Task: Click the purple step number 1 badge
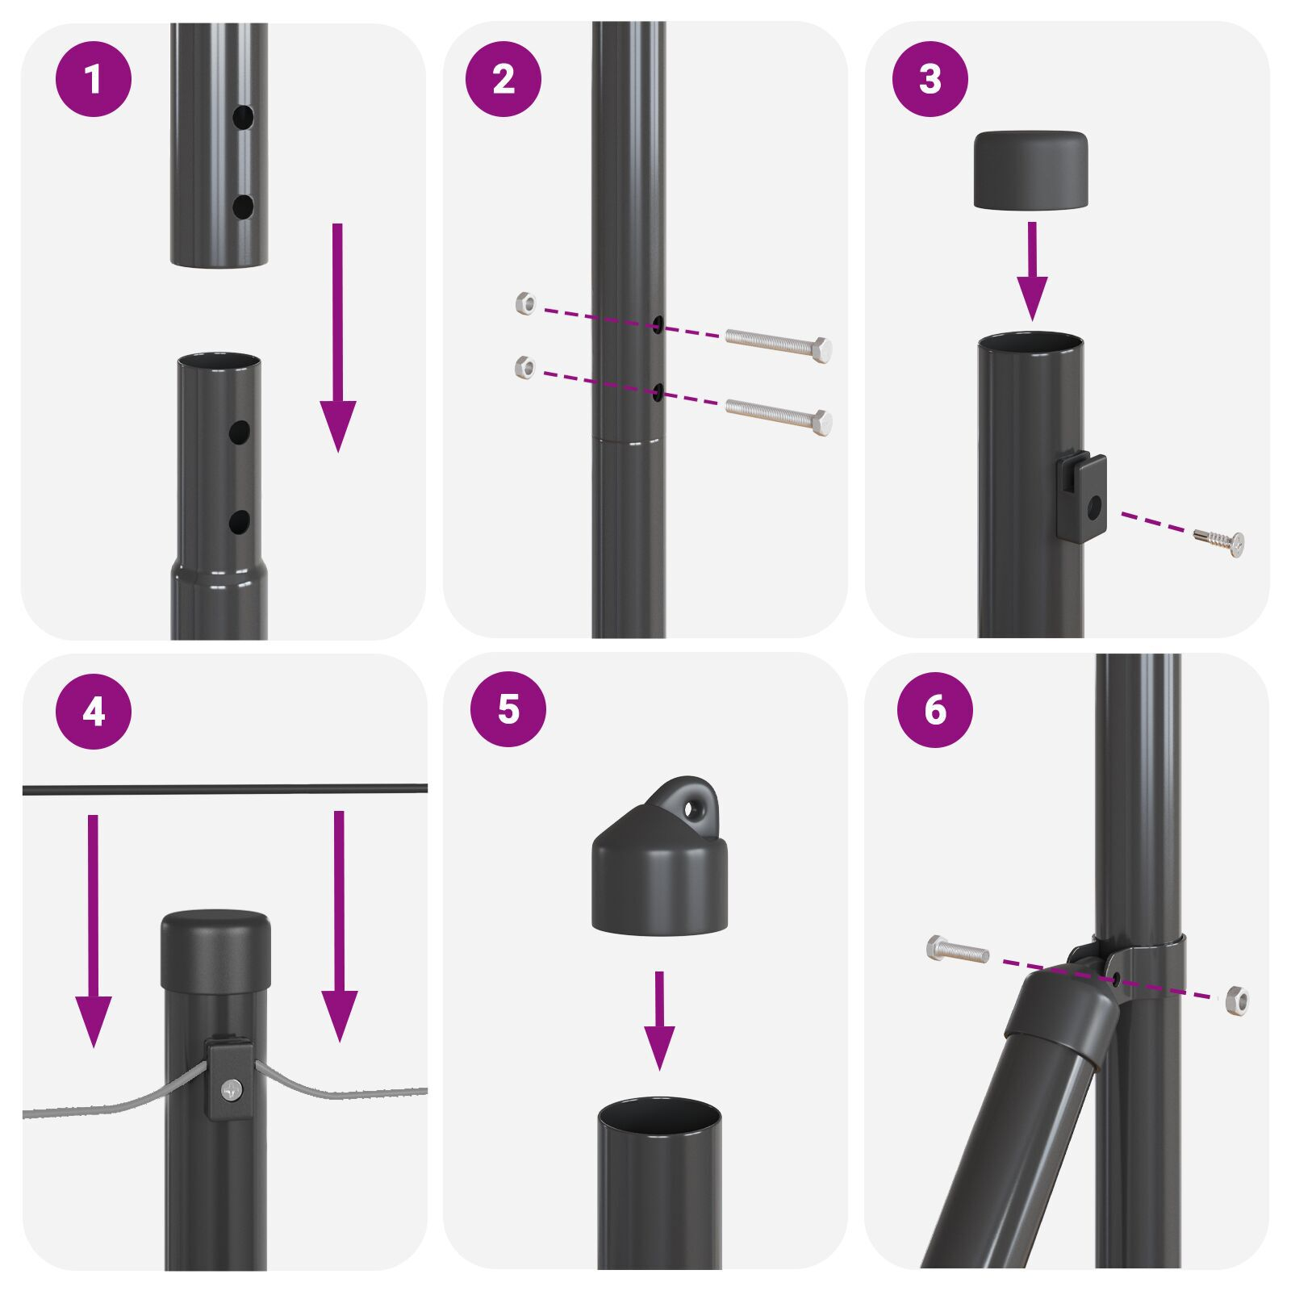[x=93, y=80]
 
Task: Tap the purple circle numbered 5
[x=508, y=708]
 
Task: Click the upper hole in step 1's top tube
[x=243, y=117]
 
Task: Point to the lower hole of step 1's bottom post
[x=239, y=522]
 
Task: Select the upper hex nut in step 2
[x=525, y=304]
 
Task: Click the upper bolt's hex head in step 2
[x=821, y=350]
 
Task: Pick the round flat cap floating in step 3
[x=1030, y=170]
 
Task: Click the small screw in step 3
[x=1220, y=541]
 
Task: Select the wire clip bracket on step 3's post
[x=1082, y=497]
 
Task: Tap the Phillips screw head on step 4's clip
[x=232, y=1091]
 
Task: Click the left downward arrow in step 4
[x=93, y=928]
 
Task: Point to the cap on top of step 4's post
[x=215, y=950]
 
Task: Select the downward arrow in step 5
[x=659, y=1021]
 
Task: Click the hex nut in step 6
[x=1236, y=1001]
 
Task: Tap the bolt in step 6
[x=958, y=950]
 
